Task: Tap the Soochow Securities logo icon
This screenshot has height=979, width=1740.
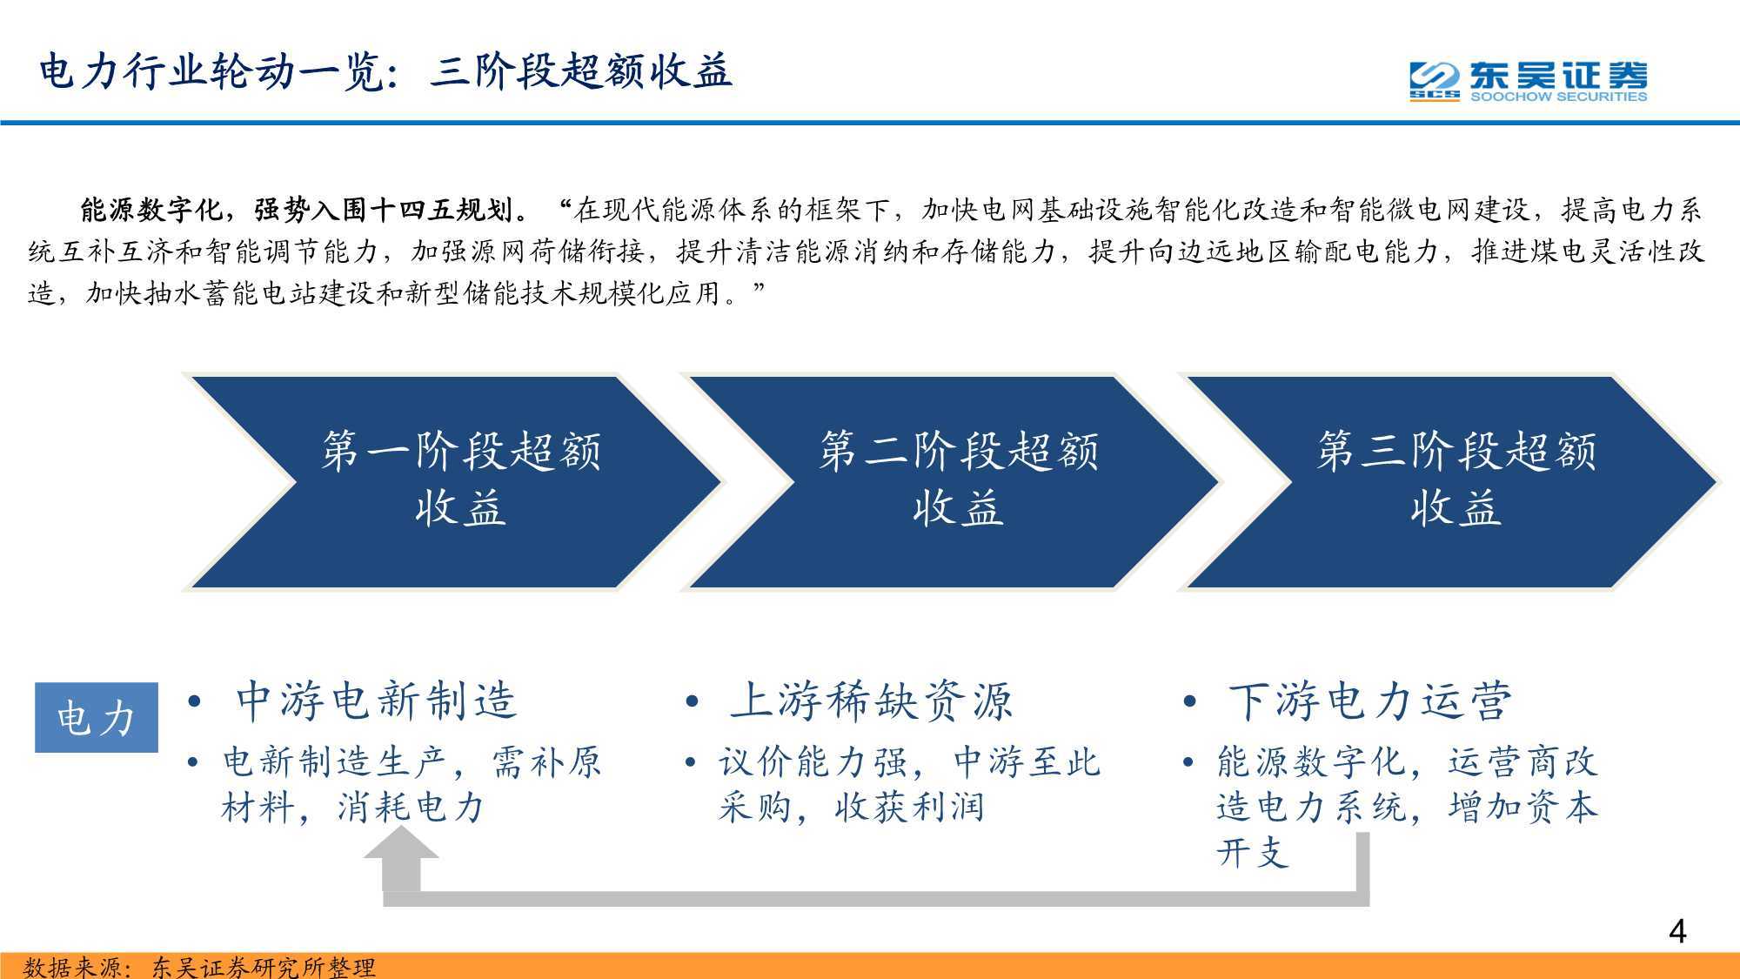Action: tap(1435, 82)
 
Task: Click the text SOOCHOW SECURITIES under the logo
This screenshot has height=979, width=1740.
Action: tap(1558, 97)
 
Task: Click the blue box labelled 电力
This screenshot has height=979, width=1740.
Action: tap(97, 718)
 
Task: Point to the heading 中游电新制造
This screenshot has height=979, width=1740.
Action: tap(377, 701)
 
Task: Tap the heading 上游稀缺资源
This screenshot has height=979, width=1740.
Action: tap(873, 701)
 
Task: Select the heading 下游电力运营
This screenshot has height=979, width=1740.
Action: tap(1370, 701)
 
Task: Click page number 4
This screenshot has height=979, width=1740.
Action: tap(1677, 932)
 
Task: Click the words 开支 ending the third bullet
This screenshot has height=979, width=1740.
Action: tap(1253, 853)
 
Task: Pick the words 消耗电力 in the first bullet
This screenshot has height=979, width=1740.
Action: tap(411, 808)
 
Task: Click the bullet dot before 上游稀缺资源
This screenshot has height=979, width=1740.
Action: tap(693, 702)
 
